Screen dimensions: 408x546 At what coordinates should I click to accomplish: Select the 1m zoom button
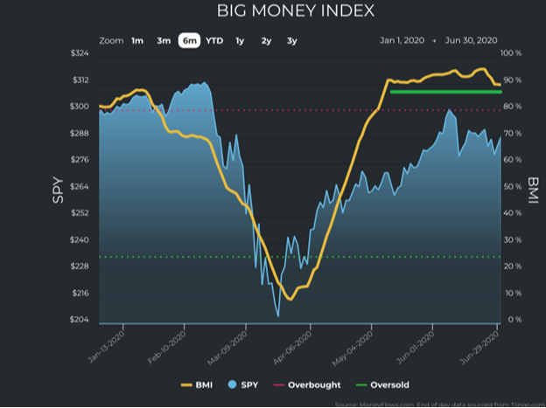click(x=137, y=40)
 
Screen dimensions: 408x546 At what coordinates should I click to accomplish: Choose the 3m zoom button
click(x=164, y=40)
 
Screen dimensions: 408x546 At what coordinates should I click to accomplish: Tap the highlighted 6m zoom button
click(x=189, y=40)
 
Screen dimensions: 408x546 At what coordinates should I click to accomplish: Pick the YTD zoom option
click(x=214, y=40)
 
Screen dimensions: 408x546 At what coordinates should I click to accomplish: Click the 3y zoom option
click(x=292, y=40)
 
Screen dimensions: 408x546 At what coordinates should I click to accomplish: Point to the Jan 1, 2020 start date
click(x=401, y=40)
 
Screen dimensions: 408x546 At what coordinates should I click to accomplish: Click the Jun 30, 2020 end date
click(x=472, y=40)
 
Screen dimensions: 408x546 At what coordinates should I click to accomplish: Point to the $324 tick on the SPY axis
click(x=79, y=53)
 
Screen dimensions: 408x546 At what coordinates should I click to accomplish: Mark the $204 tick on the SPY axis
click(x=79, y=320)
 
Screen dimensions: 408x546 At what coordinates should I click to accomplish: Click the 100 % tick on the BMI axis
click(x=512, y=53)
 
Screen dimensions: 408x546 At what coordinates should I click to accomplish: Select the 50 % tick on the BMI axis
click(x=512, y=187)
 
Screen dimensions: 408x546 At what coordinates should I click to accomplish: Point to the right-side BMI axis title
click(x=533, y=187)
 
